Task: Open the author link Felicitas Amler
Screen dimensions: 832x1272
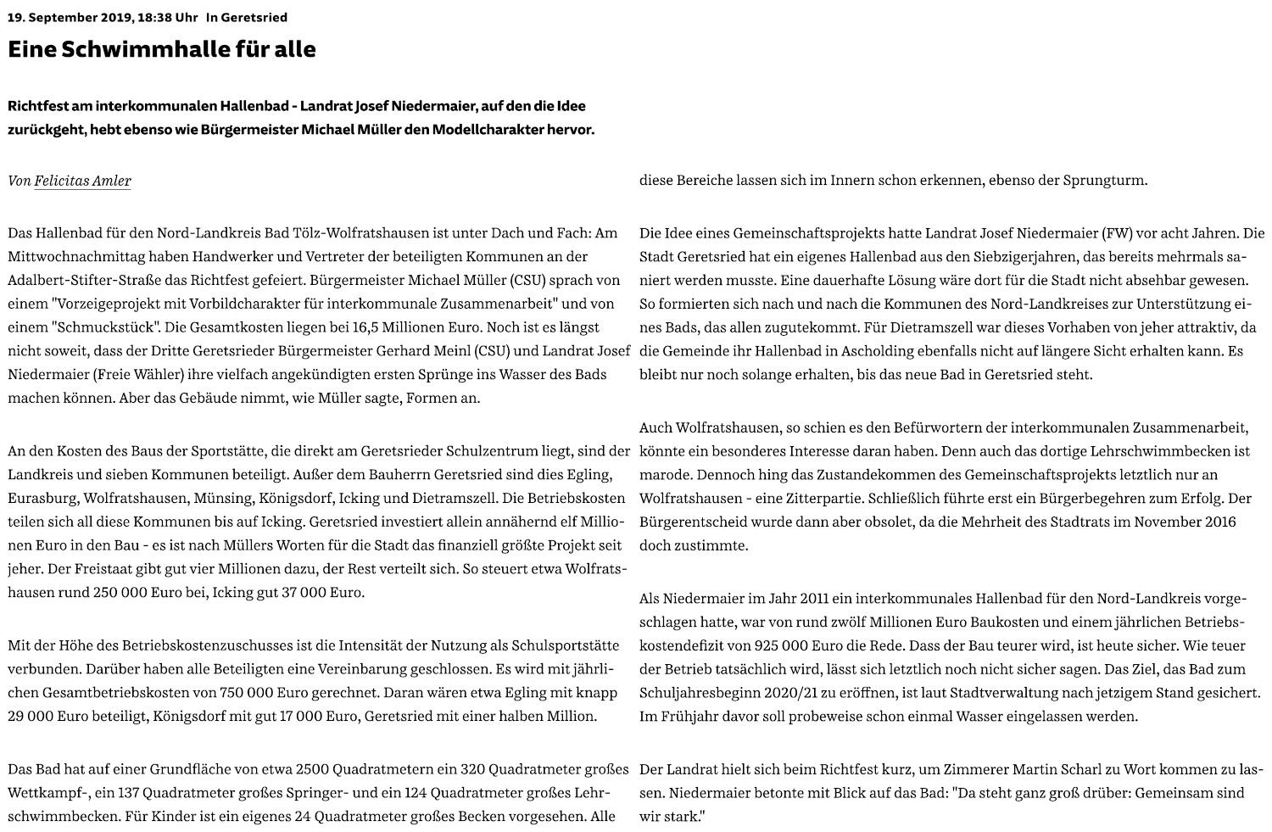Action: [x=82, y=181]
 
